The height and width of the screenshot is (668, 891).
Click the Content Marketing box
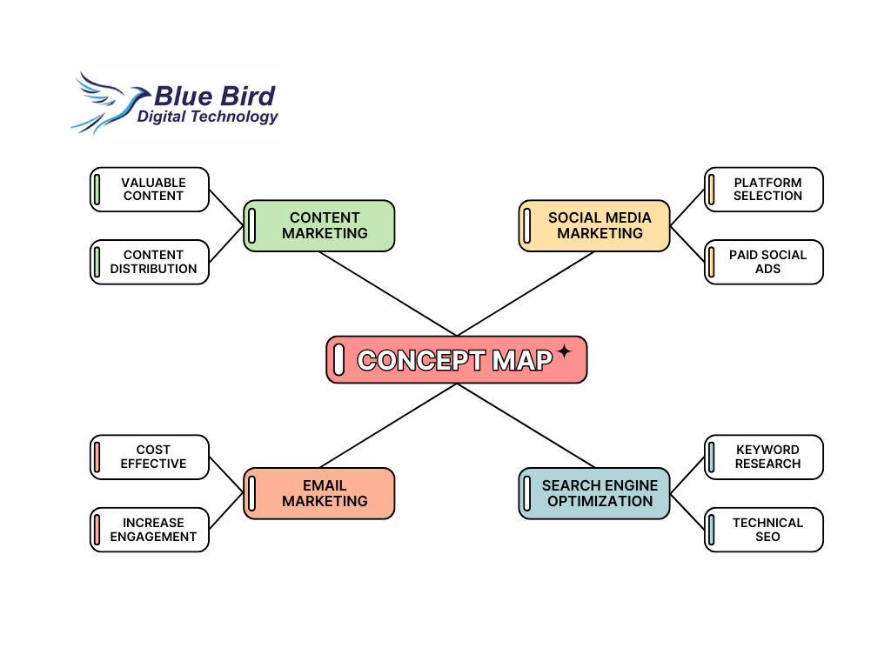point(318,225)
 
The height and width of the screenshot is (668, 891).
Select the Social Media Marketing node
point(594,225)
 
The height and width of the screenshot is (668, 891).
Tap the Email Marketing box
point(318,494)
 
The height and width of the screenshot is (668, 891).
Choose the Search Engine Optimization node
point(594,494)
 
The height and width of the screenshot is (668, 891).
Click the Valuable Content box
point(150,190)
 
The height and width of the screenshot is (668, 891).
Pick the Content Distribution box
point(150,262)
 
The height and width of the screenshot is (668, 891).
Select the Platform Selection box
point(764,190)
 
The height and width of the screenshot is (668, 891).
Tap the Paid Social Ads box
point(764,262)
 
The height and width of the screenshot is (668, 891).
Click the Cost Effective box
point(150,458)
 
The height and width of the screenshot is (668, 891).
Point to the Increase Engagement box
point(150,530)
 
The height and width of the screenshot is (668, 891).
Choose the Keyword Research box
point(764,458)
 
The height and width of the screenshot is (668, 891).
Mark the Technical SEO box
point(764,530)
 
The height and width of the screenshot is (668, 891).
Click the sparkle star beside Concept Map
point(564,351)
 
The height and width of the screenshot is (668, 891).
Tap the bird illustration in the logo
point(109,103)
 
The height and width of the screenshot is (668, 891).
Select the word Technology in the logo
point(234,117)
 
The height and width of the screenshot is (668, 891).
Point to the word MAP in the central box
point(522,360)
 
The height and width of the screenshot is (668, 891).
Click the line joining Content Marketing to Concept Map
point(388,294)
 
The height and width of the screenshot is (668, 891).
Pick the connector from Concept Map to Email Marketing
point(388,425)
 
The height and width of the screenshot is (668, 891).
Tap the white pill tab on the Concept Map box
point(338,359)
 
